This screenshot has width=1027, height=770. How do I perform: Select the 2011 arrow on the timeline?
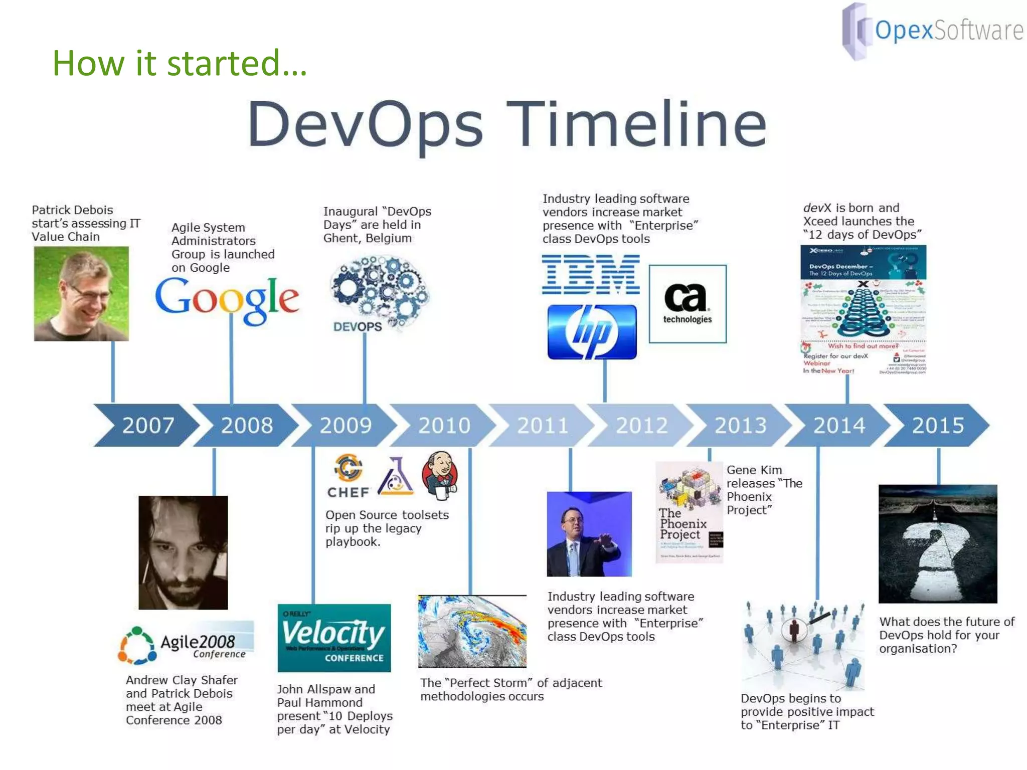(542, 425)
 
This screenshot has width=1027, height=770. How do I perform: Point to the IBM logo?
(590, 274)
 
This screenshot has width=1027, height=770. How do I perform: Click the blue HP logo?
(592, 332)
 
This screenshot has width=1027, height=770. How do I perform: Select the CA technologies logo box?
(688, 304)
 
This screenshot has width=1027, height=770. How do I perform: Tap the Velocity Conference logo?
(334, 638)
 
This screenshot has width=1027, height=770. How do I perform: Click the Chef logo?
(348, 476)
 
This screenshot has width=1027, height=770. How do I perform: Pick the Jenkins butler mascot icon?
(440, 475)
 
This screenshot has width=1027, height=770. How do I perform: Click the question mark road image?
(937, 543)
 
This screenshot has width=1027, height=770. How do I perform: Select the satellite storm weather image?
(472, 631)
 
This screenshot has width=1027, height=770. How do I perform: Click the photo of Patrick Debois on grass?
(81, 294)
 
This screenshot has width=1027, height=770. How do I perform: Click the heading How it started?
(180, 63)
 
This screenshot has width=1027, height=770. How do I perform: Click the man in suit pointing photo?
(589, 534)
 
